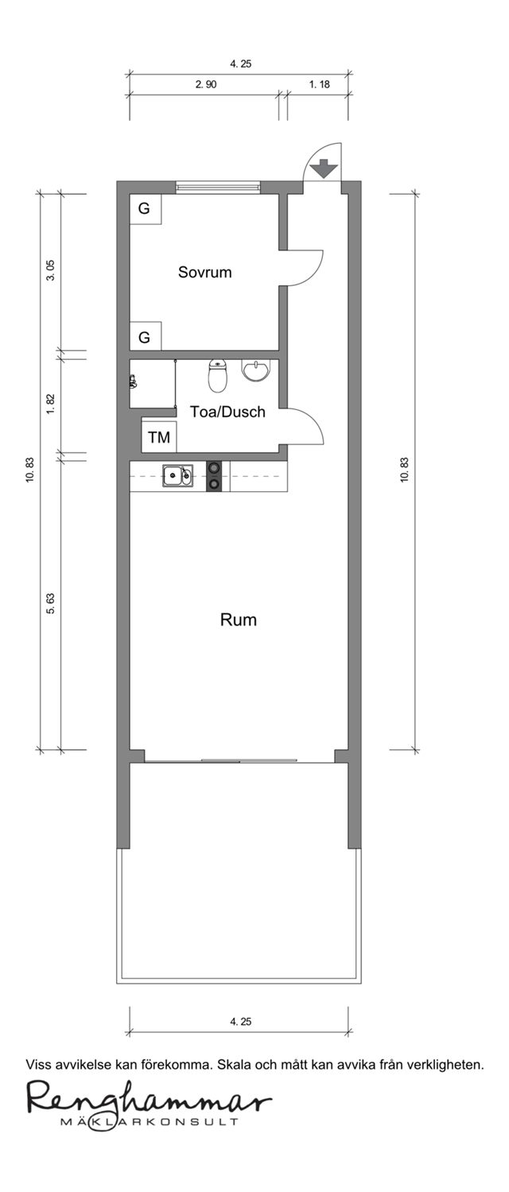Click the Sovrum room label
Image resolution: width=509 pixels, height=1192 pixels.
click(204, 273)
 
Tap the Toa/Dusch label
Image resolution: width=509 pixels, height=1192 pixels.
click(228, 412)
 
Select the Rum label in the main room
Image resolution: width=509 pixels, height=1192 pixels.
click(239, 620)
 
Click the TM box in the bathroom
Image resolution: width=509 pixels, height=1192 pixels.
click(158, 437)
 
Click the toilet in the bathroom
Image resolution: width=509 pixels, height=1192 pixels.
click(217, 376)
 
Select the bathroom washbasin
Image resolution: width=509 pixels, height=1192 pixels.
click(257, 370)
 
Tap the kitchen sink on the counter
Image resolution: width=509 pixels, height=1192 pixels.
click(178, 475)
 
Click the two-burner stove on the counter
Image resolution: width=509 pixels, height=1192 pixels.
click(214, 476)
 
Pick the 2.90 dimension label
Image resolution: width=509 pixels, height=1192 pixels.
click(206, 84)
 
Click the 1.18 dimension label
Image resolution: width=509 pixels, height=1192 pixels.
click(320, 84)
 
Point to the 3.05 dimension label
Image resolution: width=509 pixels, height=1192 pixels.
click(51, 271)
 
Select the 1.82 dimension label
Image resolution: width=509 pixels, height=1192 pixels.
click(51, 404)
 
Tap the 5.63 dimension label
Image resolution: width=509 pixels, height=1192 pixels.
click(51, 603)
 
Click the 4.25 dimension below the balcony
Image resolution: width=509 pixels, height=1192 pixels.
click(241, 1021)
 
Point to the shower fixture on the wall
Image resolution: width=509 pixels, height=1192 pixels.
click(132, 381)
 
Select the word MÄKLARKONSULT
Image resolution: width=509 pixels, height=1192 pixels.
click(150, 1122)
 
